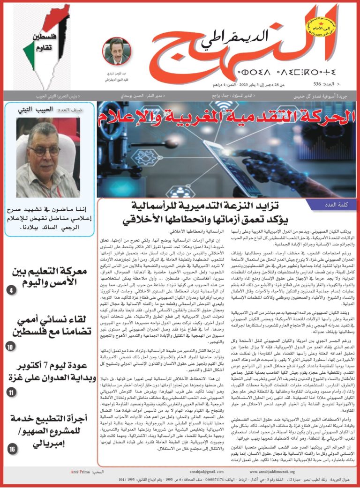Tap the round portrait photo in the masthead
coord(116,51)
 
